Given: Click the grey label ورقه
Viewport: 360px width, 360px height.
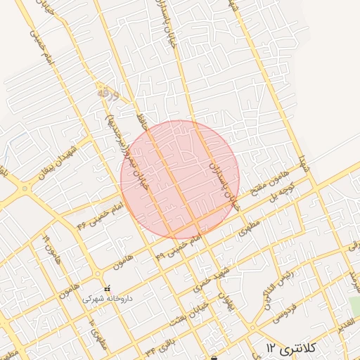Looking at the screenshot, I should [104, 92].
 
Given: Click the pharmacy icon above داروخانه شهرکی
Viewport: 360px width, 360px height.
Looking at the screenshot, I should [107, 288].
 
